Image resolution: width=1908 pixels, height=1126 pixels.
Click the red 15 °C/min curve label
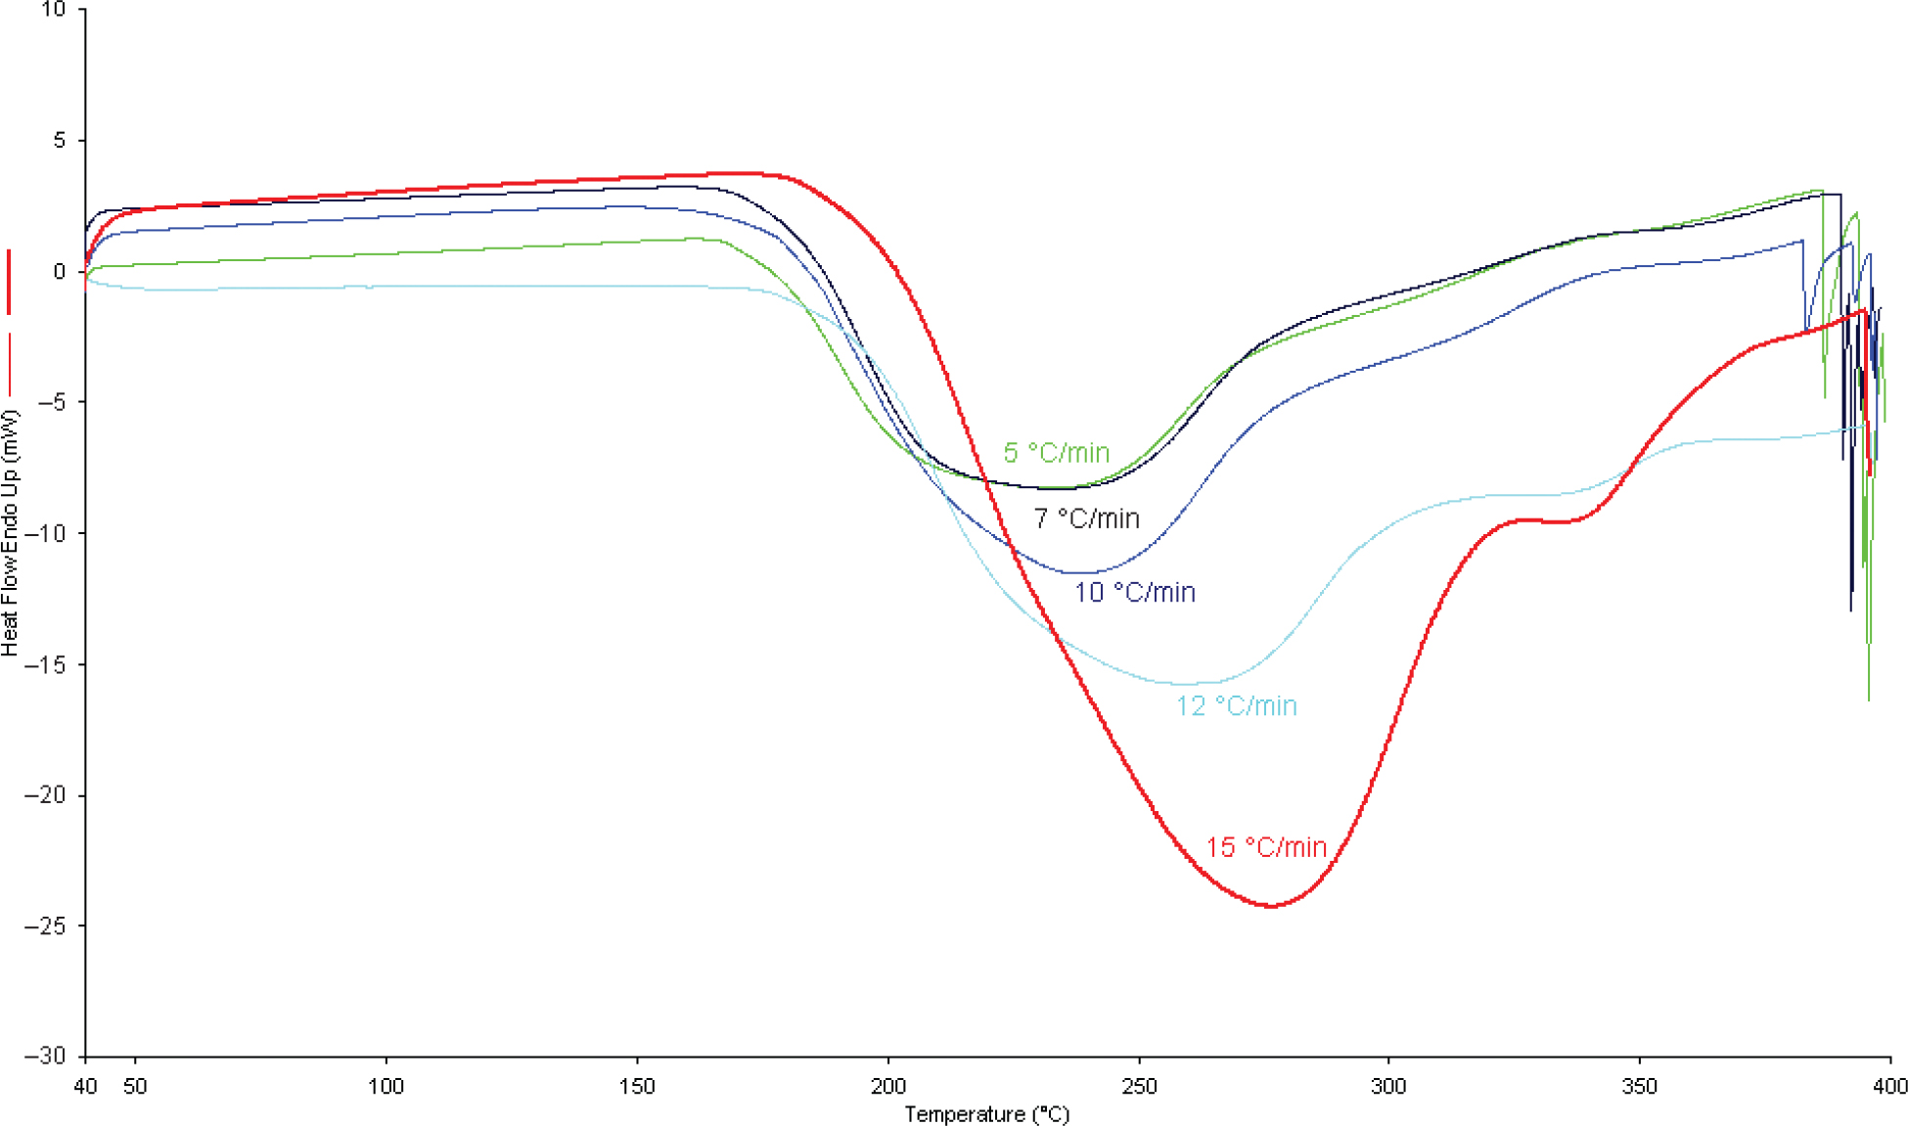(1266, 847)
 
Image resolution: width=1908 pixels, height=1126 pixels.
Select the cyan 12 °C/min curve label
(1236, 706)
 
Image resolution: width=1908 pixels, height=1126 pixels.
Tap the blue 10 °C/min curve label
(1135, 593)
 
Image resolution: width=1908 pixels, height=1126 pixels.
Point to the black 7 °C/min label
(1086, 518)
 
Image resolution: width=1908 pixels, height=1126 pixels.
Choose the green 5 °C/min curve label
(1056, 453)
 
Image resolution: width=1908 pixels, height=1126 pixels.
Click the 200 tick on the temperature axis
(888, 1086)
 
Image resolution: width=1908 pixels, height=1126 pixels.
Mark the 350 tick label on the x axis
(1640, 1086)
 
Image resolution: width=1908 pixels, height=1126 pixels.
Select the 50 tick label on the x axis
(135, 1086)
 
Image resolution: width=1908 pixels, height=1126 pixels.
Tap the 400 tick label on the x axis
(1889, 1086)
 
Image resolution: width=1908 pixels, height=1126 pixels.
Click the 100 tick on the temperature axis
(386, 1086)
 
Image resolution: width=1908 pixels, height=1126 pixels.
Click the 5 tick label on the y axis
(59, 141)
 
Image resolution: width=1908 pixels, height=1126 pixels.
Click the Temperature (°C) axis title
(986, 1114)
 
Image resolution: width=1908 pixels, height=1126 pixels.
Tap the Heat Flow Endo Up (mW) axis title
(11, 533)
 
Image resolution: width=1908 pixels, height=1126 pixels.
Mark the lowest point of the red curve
(1270, 906)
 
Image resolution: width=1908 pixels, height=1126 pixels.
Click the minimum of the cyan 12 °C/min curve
(1186, 684)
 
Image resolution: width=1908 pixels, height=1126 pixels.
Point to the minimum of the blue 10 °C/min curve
(1081, 572)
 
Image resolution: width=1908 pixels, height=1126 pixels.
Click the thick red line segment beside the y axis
(10, 282)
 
